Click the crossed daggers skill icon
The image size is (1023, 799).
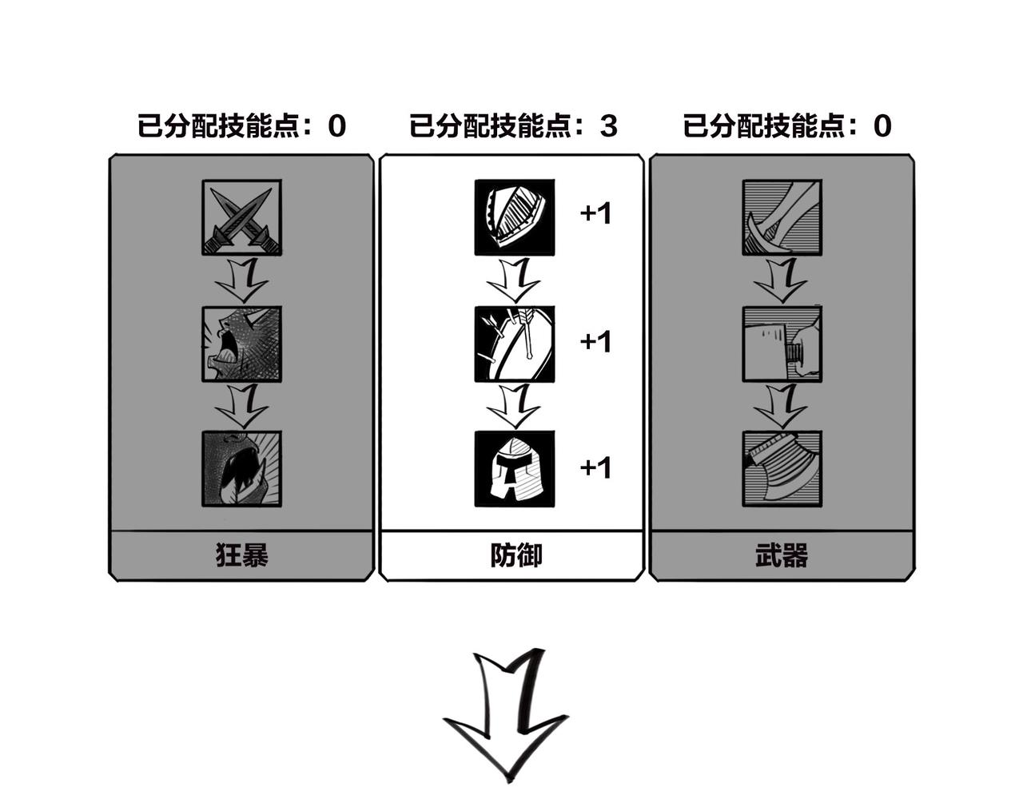coord(241,217)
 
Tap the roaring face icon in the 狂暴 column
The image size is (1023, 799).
coord(241,344)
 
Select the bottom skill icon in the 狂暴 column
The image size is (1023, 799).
coord(241,469)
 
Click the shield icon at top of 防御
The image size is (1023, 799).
coord(514,217)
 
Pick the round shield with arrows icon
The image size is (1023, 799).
coord(514,344)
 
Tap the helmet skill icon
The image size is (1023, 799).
coord(514,469)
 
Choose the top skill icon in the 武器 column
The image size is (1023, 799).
coord(781,217)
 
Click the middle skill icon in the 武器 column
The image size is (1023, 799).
coord(781,344)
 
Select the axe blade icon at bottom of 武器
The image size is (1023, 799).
coord(781,469)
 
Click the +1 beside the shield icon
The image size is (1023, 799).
coord(595,214)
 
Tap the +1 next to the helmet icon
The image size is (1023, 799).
coord(595,467)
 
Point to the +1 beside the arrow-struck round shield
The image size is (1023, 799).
coord(595,341)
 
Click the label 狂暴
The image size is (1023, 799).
coord(241,555)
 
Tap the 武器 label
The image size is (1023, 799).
coord(781,555)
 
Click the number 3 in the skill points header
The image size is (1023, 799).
coord(609,126)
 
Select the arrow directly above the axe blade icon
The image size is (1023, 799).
coord(781,406)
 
